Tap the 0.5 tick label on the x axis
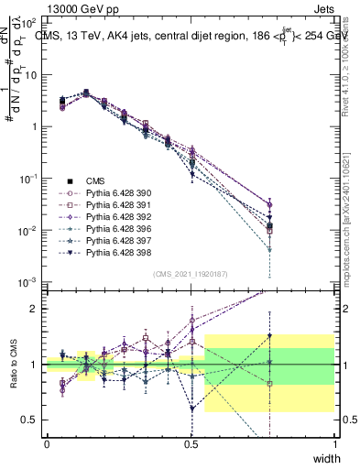click(x=191, y=443)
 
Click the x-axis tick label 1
click(x=335, y=443)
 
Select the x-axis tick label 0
click(x=47, y=443)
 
